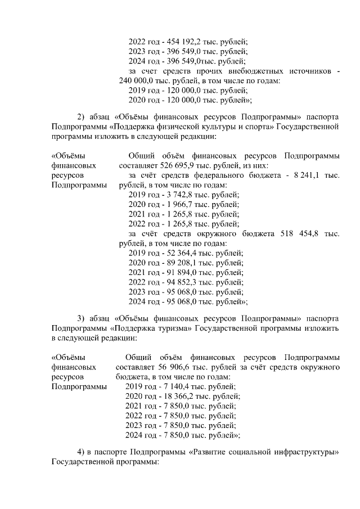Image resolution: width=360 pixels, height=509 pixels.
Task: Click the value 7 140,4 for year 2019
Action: point(174,386)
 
